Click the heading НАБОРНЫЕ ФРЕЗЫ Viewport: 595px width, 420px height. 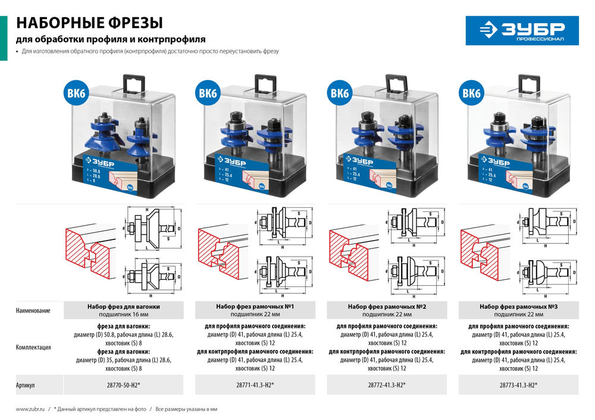[89, 23]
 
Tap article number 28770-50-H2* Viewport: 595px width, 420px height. [124, 385]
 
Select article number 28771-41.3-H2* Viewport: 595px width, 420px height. [255, 385]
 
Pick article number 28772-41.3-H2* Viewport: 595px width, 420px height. [387, 385]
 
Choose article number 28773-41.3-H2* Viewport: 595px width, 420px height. [518, 385]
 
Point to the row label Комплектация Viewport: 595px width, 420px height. [33, 348]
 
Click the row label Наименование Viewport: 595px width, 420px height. [33, 311]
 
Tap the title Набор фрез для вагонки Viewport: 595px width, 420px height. [124, 307]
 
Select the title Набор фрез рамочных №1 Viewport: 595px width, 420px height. [255, 307]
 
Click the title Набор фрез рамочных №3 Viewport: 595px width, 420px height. [518, 307]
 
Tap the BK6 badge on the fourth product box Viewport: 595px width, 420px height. [471, 93]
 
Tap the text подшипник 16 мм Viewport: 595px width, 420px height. [124, 314]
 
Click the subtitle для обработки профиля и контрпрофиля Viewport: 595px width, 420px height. [111, 39]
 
